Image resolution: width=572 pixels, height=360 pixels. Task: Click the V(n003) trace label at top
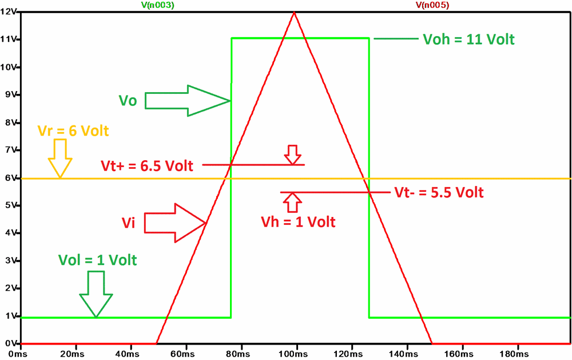(157, 5)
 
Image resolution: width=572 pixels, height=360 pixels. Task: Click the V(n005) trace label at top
(432, 5)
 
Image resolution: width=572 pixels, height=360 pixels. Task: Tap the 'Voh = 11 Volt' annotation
(468, 39)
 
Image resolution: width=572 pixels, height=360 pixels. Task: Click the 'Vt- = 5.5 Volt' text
(439, 192)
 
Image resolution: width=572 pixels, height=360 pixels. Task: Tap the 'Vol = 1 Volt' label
(98, 259)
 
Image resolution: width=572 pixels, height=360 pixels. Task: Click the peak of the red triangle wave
(295, 12)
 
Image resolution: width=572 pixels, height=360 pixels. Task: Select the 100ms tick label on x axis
(296, 353)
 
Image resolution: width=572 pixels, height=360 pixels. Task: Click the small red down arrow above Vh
(293, 155)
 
